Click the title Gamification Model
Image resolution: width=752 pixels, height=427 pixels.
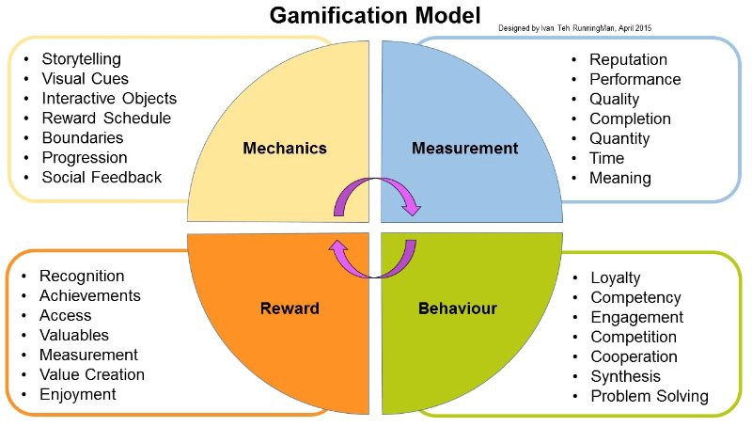(x=375, y=16)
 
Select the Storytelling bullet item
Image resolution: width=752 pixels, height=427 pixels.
(x=87, y=58)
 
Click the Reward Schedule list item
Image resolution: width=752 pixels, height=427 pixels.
(x=106, y=118)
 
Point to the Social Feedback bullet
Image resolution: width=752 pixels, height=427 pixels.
(x=102, y=177)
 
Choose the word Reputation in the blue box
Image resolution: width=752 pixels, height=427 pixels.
(x=629, y=60)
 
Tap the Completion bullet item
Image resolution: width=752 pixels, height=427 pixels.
(x=630, y=119)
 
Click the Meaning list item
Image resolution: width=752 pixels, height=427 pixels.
(x=619, y=178)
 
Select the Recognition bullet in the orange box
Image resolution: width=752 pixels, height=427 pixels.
(x=82, y=277)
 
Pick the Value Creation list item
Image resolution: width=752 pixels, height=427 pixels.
(x=92, y=374)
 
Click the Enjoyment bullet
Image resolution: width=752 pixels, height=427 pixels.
(x=78, y=394)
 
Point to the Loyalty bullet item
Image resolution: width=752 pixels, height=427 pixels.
(x=616, y=278)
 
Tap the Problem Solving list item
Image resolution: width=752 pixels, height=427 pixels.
(x=650, y=396)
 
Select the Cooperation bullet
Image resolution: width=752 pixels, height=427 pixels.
(x=634, y=356)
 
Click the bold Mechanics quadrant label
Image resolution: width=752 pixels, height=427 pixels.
(x=285, y=148)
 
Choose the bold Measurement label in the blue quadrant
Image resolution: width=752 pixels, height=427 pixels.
(x=465, y=148)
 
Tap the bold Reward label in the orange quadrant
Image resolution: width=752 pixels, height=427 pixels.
(x=290, y=308)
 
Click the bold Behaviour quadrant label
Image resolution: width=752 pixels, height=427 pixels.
(x=458, y=308)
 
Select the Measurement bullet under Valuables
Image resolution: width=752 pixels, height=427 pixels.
(x=88, y=355)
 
